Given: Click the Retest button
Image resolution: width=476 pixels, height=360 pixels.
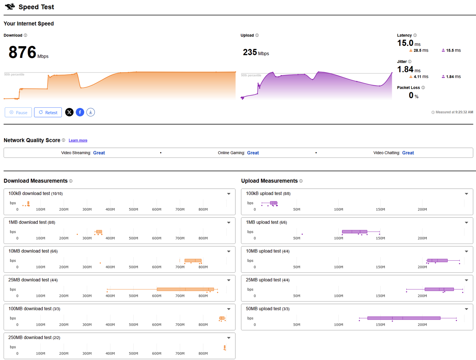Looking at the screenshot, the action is click(x=48, y=112).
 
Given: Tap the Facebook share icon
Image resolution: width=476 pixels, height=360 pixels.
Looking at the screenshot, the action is click(x=80, y=112).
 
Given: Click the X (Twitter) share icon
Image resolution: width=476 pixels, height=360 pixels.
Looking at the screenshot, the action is click(x=69, y=112).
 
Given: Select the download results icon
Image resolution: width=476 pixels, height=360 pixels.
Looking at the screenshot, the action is click(x=91, y=112).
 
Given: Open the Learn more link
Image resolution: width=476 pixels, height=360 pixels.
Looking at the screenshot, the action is click(x=78, y=140).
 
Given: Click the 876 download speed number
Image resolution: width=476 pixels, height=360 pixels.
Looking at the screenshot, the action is click(x=22, y=52).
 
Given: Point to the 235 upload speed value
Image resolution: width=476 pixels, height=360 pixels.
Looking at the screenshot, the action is click(x=250, y=52).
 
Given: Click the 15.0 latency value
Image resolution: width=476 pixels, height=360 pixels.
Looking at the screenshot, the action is click(x=405, y=43).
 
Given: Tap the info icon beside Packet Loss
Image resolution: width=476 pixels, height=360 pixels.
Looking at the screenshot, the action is click(x=423, y=88).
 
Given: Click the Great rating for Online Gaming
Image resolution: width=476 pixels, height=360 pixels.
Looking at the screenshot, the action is click(x=253, y=153).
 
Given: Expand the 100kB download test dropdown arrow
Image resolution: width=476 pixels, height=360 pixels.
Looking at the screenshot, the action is click(x=229, y=194).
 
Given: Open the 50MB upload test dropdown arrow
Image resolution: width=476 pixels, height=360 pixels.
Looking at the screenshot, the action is click(x=466, y=309).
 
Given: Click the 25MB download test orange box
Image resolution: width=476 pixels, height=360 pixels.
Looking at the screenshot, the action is click(x=185, y=289).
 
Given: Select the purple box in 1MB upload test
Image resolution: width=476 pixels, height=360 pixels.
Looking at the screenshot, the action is click(x=354, y=232).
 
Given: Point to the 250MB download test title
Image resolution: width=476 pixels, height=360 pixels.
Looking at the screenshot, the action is click(x=34, y=337).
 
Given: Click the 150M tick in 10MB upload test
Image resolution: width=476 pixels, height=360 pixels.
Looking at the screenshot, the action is click(x=380, y=267).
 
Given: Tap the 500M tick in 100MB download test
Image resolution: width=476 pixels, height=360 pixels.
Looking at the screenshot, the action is click(x=133, y=325).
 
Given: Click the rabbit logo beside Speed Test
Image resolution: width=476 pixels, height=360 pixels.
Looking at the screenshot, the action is click(x=10, y=7).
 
